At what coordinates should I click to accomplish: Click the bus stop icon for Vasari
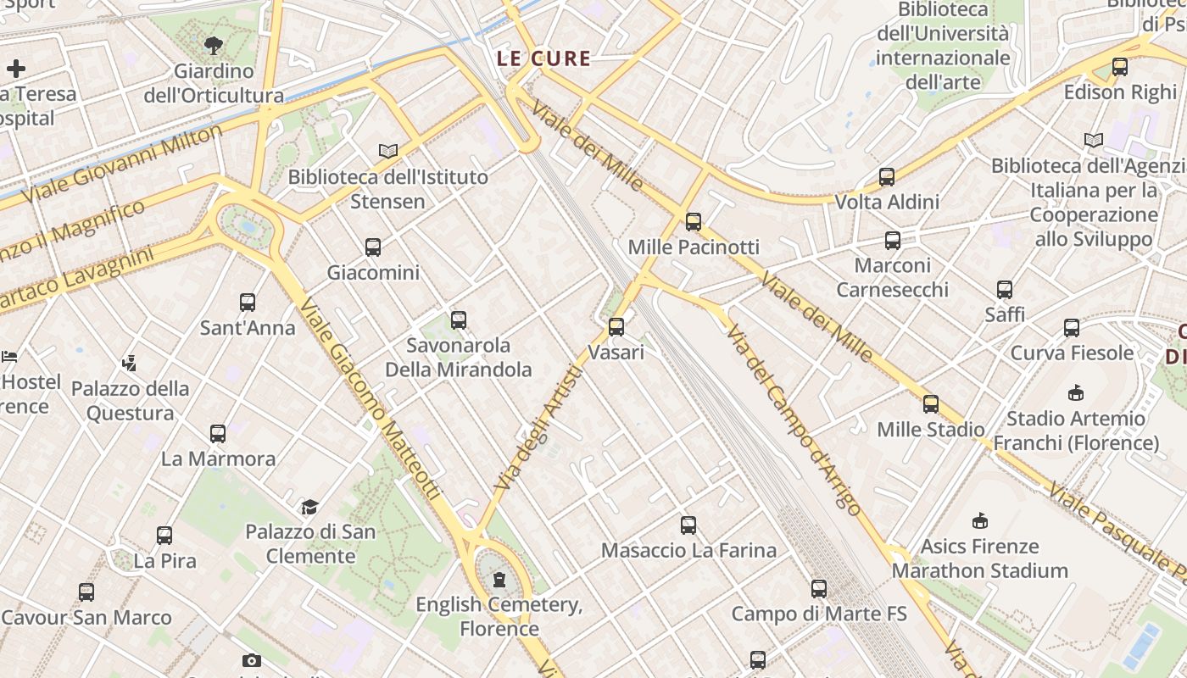(616, 326)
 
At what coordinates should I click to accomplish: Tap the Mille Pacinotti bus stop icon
(694, 222)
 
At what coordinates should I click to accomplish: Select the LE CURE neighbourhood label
(543, 58)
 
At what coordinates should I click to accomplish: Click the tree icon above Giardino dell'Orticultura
(214, 46)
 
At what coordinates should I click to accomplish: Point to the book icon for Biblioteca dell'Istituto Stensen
(388, 151)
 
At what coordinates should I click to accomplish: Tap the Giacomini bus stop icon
(373, 247)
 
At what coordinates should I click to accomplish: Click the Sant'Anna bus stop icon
(248, 303)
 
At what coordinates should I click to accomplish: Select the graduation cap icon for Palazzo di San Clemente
(310, 507)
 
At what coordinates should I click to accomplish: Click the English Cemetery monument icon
(499, 580)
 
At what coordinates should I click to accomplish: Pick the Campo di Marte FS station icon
(818, 588)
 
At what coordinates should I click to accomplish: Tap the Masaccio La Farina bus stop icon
(688, 525)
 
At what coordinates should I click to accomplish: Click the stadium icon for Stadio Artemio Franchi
(1076, 393)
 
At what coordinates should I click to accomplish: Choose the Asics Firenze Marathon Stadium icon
(980, 520)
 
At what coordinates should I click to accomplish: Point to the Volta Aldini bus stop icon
(887, 177)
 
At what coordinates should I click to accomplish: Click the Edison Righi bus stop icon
(1120, 67)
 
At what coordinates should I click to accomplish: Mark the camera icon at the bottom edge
(252, 660)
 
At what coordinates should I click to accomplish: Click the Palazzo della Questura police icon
(130, 364)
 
